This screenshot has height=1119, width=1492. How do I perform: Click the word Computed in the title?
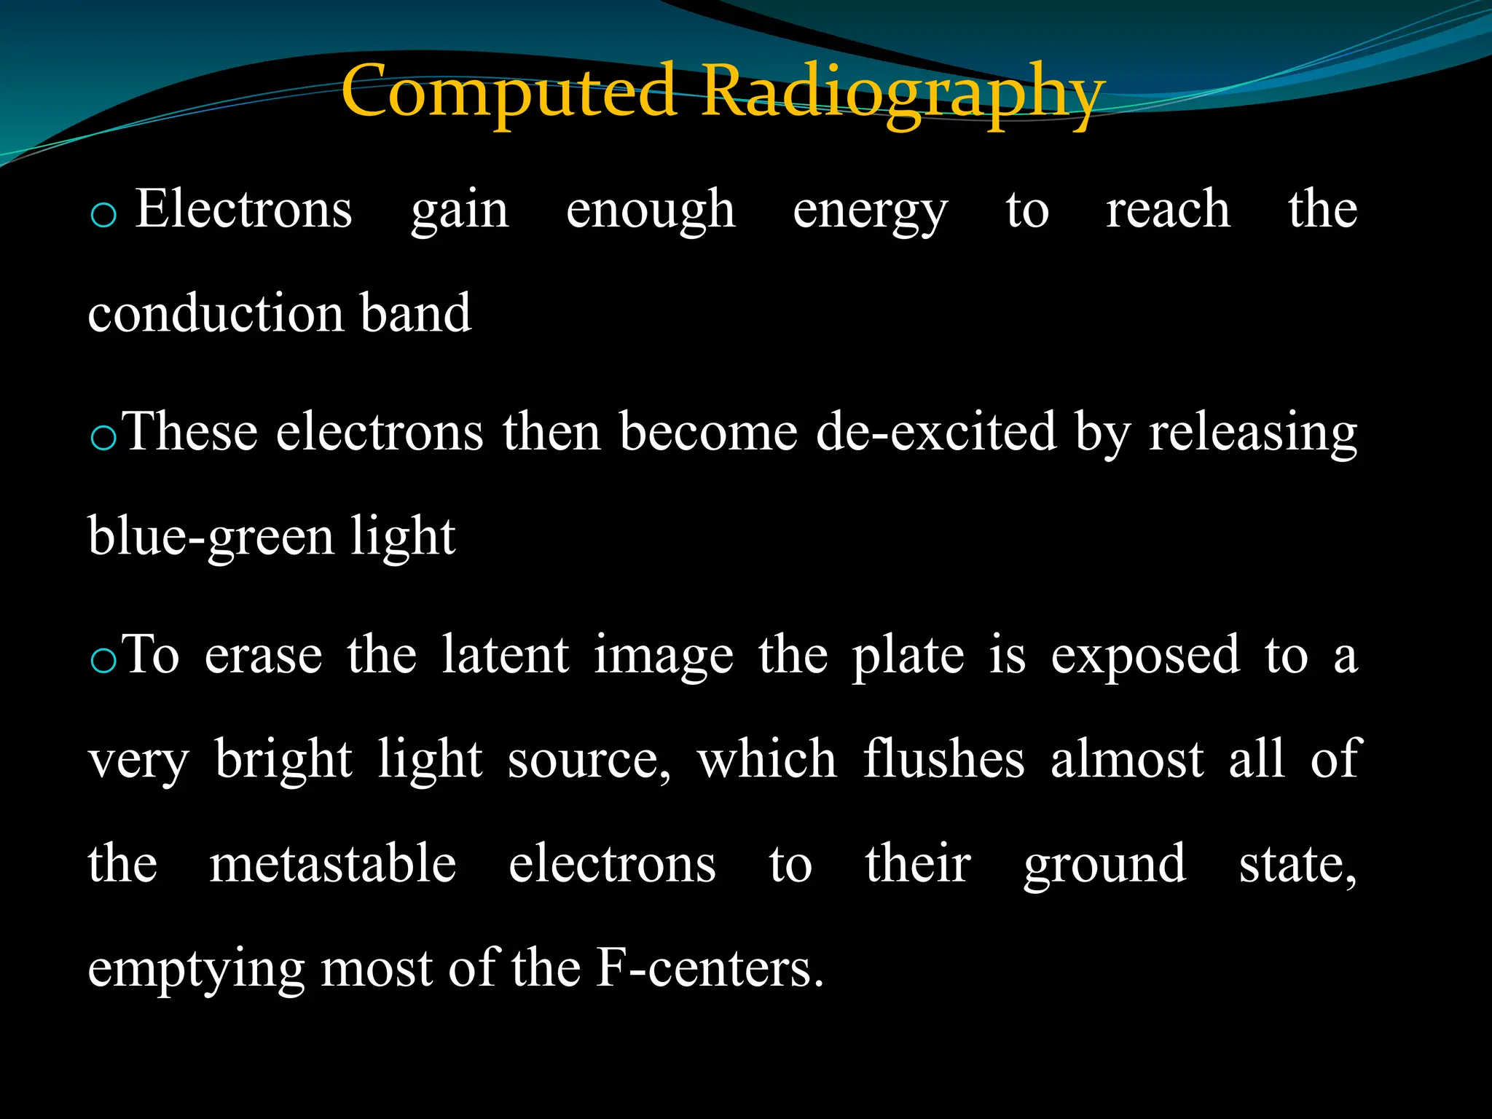(509, 91)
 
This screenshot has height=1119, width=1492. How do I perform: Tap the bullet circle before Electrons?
(103, 216)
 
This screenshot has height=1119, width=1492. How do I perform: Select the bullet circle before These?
(103, 439)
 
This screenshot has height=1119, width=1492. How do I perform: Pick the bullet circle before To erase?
(103, 661)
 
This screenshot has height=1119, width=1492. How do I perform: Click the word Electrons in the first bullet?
(243, 210)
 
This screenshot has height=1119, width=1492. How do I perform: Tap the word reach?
(1168, 210)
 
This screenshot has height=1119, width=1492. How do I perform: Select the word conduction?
(216, 313)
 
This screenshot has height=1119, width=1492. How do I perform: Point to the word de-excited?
(935, 432)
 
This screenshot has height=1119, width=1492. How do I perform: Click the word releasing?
(1252, 433)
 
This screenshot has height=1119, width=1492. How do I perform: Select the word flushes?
(943, 759)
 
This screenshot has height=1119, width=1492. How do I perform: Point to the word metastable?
(332, 864)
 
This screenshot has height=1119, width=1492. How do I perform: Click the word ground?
(1104, 865)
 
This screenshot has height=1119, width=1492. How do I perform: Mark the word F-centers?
(710, 969)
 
